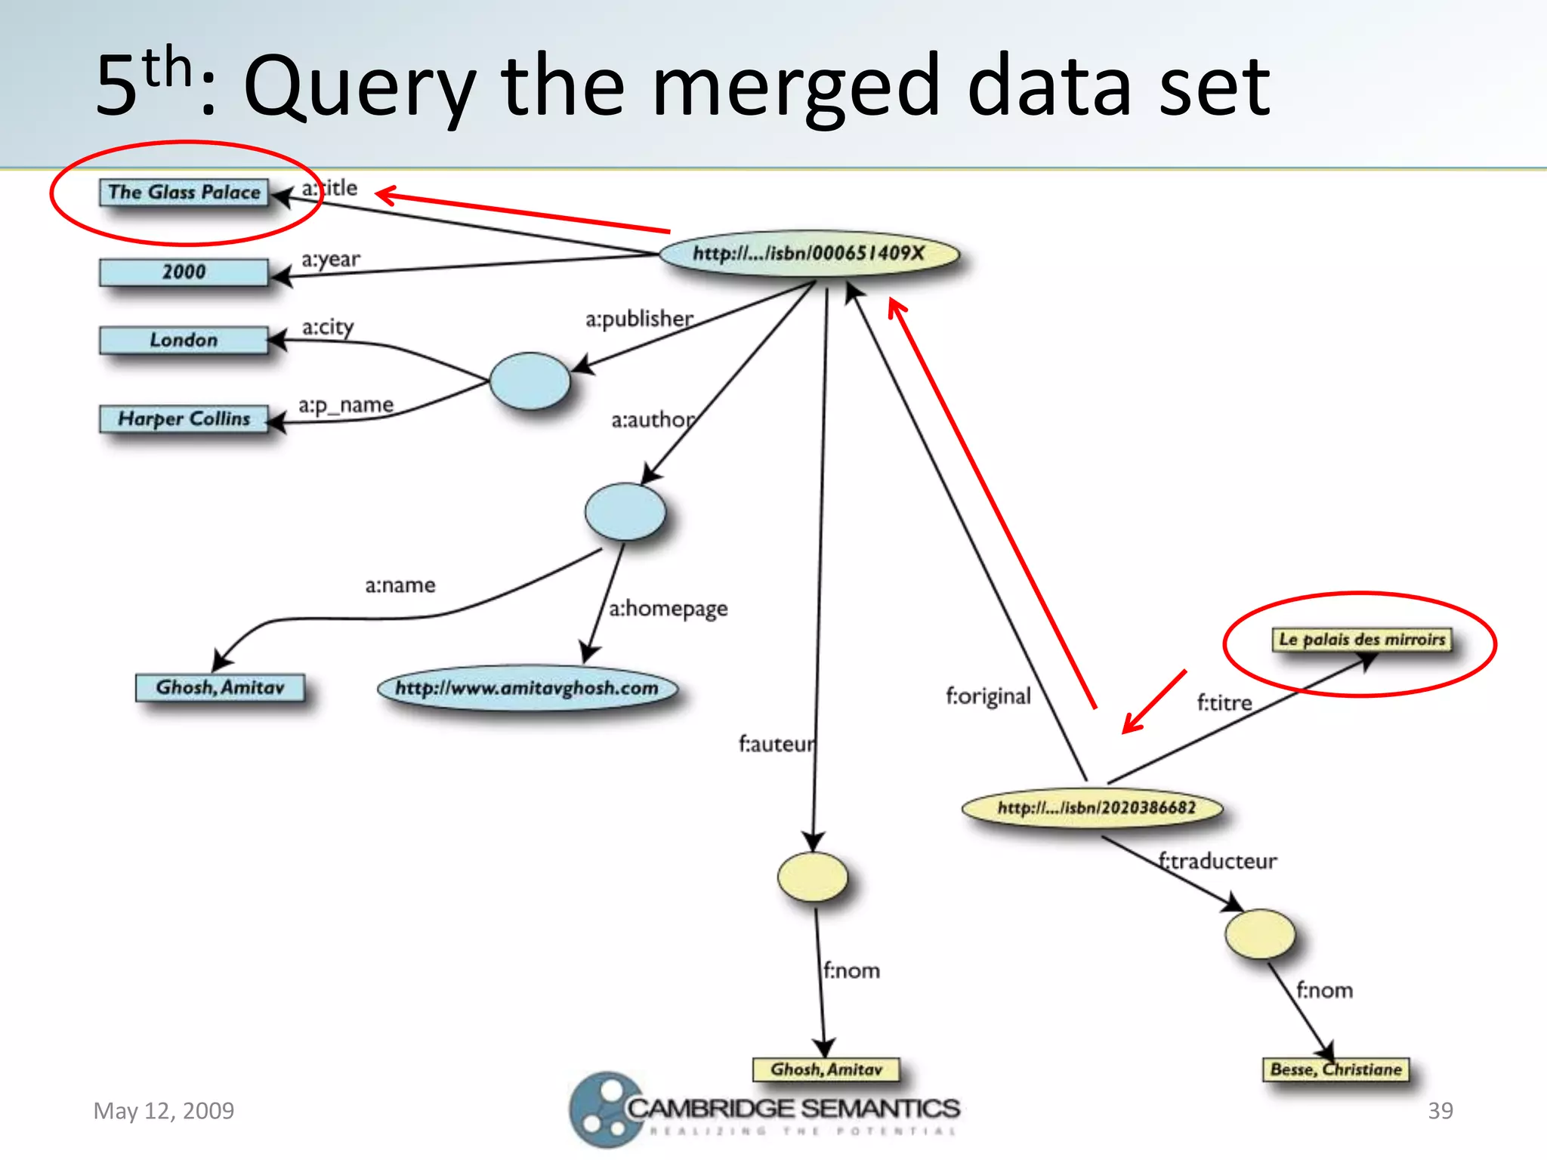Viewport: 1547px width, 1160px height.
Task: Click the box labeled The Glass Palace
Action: (x=184, y=192)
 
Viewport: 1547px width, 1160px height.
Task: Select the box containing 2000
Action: (x=184, y=272)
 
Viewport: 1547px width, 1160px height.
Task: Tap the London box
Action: (x=184, y=340)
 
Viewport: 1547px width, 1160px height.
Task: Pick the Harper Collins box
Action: (x=184, y=418)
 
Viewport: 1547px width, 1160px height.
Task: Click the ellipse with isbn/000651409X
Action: (x=809, y=254)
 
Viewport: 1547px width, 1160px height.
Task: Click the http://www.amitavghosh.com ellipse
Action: (x=527, y=688)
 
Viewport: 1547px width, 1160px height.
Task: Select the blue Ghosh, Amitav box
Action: (x=220, y=687)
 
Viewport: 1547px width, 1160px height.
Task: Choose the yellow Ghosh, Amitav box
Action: (x=826, y=1069)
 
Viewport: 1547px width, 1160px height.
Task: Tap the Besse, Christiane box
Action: (x=1335, y=1069)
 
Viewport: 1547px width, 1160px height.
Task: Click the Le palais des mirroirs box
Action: (x=1362, y=640)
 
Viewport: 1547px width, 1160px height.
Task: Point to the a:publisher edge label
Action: (x=639, y=319)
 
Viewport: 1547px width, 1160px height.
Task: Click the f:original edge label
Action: (x=988, y=696)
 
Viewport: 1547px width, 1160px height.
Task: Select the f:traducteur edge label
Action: (x=1218, y=861)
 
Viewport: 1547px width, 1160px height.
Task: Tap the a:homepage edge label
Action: (x=669, y=608)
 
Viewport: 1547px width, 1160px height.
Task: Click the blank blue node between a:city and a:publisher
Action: (x=530, y=381)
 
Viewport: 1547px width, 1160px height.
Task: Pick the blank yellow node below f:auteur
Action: (x=813, y=877)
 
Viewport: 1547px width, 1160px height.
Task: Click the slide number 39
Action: (x=1440, y=1110)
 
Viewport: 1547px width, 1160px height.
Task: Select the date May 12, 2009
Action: (x=164, y=1110)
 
